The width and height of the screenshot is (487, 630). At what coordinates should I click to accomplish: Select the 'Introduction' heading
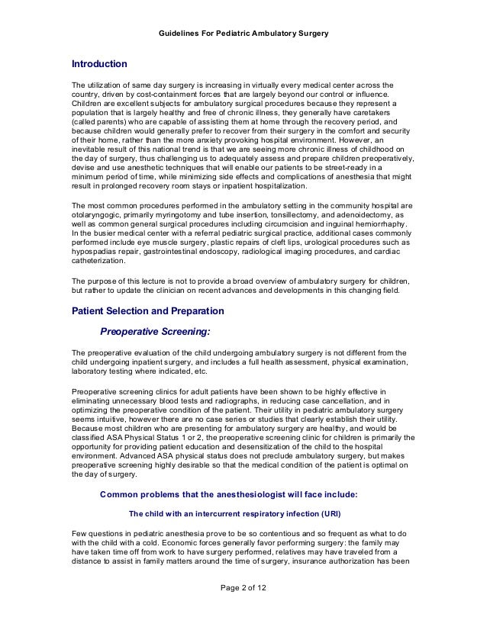99,63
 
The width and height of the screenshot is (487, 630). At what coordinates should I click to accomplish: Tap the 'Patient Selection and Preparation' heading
147,311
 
